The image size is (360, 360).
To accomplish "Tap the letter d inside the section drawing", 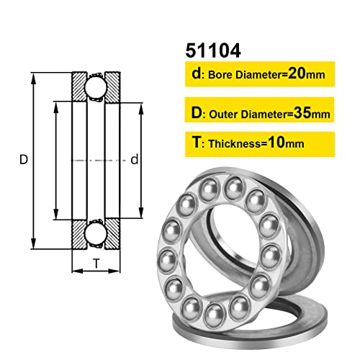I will [x=134, y=161].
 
